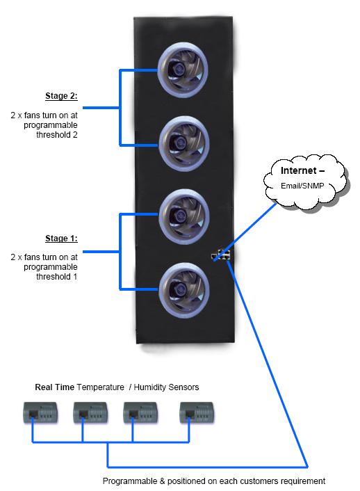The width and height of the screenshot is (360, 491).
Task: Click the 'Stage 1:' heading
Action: click(x=61, y=239)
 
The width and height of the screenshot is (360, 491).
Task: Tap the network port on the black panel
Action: click(x=222, y=256)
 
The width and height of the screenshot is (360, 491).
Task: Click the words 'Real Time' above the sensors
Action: click(x=55, y=387)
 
